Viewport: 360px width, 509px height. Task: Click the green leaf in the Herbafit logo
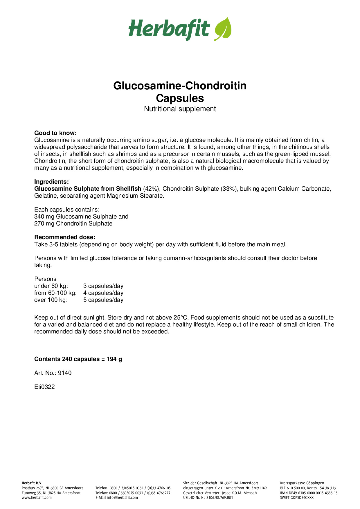click(x=223, y=29)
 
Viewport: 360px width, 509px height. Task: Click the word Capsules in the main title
click(x=180, y=98)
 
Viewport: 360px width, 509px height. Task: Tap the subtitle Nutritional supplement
click(x=180, y=109)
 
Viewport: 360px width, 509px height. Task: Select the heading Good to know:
click(x=55, y=133)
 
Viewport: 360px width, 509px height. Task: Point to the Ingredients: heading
click(x=51, y=182)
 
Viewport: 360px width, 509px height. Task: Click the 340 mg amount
click(x=44, y=216)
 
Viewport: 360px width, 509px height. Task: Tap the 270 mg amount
click(x=44, y=223)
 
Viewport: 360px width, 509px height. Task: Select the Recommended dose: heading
click(x=65, y=237)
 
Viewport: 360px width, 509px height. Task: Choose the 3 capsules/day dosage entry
click(x=103, y=286)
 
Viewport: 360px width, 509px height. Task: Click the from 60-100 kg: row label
click(x=55, y=293)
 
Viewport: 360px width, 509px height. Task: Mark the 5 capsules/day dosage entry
click(x=103, y=300)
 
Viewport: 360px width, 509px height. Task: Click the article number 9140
click(x=65, y=373)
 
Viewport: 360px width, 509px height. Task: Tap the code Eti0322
click(x=44, y=387)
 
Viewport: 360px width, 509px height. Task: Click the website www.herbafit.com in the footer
click(x=37, y=497)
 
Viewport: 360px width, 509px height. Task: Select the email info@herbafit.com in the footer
click(x=122, y=497)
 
